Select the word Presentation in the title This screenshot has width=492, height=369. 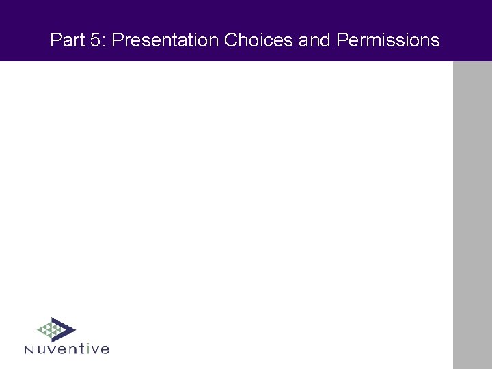pos(165,40)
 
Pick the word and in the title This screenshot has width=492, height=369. pos(314,40)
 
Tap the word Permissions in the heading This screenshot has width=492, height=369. pos(388,40)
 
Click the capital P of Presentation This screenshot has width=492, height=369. pos(116,40)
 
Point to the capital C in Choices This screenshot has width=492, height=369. pos(230,40)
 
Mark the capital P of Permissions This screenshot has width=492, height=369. pos(342,40)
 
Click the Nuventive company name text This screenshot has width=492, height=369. pos(66,349)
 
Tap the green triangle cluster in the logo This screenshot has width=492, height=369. pos(49,331)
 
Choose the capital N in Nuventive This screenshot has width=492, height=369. pos(29,350)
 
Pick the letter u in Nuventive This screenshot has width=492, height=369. pos(41,350)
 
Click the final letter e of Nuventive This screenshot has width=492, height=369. pos(105,350)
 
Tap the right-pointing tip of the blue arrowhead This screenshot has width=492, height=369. pos(74,329)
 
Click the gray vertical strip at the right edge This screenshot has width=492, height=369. pos(472,215)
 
